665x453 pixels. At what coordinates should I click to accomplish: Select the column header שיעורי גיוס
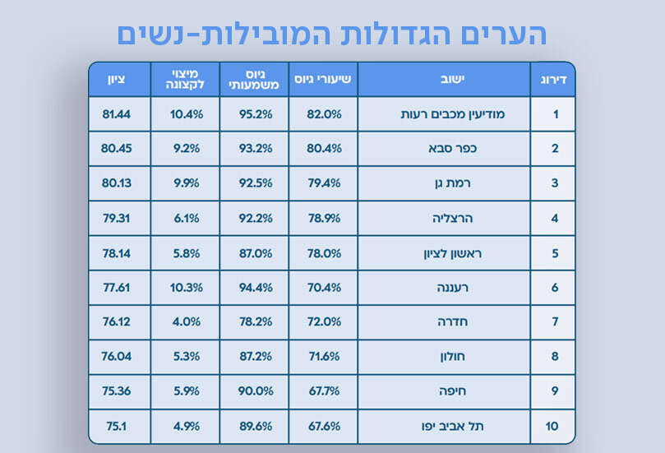click(324, 80)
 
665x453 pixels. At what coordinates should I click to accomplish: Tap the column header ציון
click(117, 80)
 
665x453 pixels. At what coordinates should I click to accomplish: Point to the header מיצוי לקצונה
click(186, 80)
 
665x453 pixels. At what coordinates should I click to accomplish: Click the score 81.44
click(117, 114)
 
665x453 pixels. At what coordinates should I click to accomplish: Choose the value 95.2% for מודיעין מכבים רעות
click(255, 114)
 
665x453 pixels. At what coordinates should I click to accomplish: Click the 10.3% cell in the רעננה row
click(186, 288)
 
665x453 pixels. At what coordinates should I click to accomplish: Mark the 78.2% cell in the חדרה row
click(255, 322)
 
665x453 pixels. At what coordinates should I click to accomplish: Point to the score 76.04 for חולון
click(117, 357)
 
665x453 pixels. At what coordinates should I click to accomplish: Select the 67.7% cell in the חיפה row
click(324, 391)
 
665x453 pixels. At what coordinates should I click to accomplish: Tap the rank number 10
click(552, 426)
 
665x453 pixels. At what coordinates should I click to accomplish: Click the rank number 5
click(556, 253)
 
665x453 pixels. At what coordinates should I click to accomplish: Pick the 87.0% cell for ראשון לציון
click(255, 253)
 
